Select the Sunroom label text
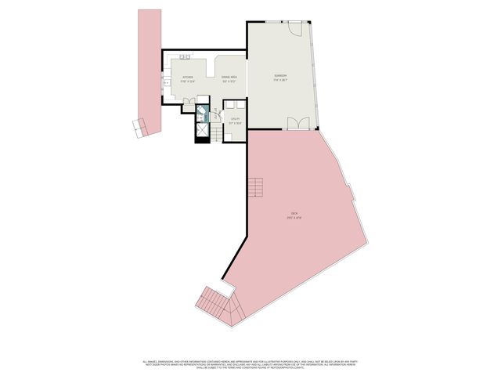point(281,78)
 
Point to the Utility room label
point(234,121)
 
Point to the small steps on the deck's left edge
point(255,188)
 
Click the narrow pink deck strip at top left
point(146,63)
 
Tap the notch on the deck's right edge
point(352,190)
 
